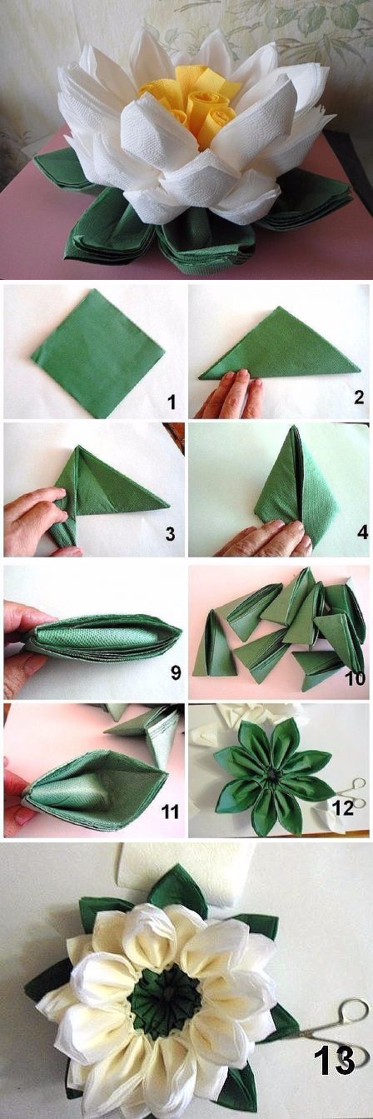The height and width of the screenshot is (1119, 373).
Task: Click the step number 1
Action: click(x=172, y=402)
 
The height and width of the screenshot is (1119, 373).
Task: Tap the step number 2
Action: click(x=358, y=397)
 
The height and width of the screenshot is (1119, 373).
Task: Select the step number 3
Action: click(x=171, y=534)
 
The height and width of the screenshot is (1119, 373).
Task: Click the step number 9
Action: click(x=176, y=672)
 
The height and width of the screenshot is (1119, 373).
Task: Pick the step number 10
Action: click(x=354, y=678)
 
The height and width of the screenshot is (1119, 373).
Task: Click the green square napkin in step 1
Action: click(x=98, y=353)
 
